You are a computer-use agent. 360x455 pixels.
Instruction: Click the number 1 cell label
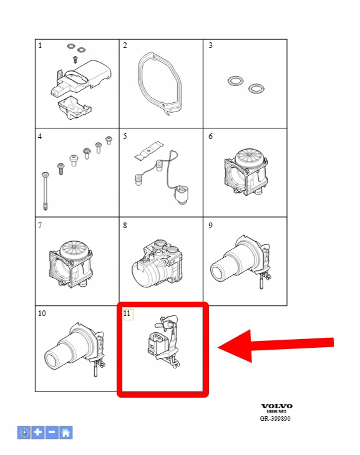[x=40, y=45]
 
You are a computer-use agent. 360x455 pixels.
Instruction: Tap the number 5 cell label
[x=125, y=136]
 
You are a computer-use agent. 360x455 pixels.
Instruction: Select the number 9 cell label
[x=210, y=226]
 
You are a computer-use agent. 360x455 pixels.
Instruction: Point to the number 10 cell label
[x=42, y=314]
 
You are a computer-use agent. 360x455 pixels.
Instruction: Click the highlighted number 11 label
[x=127, y=314]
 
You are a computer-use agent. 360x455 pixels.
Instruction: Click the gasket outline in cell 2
[x=139, y=84]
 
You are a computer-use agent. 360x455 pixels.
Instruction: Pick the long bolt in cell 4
[x=45, y=191]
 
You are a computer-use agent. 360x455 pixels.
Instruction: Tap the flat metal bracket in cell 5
[x=148, y=150]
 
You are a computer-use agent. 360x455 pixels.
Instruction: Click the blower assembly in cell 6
[x=246, y=172]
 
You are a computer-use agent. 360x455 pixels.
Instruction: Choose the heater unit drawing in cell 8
[x=158, y=264]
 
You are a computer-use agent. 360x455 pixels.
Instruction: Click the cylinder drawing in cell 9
[x=241, y=262]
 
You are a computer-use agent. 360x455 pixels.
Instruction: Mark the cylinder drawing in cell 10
[x=75, y=350]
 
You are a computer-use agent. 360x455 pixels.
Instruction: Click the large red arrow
[x=275, y=345]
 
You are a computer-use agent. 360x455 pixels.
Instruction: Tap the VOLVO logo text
[x=276, y=406]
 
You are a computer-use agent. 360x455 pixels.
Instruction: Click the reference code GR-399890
[x=275, y=418]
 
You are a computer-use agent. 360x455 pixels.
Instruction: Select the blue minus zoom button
[x=52, y=433]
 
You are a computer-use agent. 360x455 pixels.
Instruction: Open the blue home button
[x=66, y=433]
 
